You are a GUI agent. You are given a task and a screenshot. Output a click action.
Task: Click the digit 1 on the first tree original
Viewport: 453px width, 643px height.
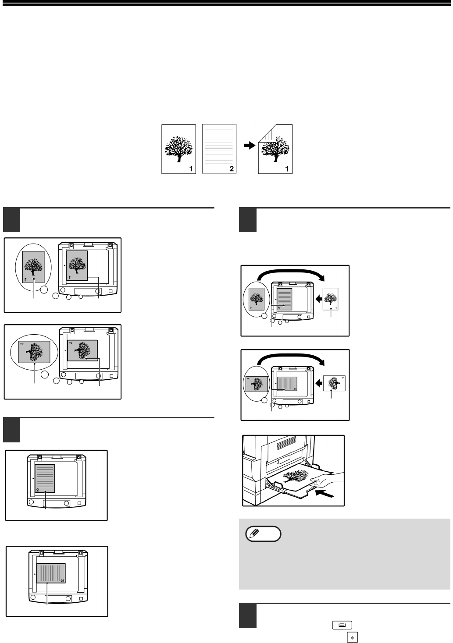click(x=192, y=168)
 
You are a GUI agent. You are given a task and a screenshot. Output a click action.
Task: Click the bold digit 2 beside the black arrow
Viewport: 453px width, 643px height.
click(x=232, y=168)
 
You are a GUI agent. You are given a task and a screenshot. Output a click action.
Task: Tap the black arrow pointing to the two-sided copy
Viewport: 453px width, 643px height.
click(x=249, y=146)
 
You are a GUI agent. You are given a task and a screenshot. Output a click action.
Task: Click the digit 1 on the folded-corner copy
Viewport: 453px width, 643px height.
click(x=288, y=168)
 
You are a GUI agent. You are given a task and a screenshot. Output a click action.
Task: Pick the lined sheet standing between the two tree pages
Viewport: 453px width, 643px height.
click(x=219, y=148)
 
